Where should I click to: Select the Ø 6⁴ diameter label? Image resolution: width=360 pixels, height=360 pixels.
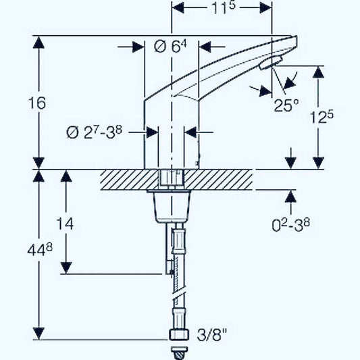[169, 47]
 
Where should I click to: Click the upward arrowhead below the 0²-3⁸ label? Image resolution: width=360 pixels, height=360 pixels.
[291, 196]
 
